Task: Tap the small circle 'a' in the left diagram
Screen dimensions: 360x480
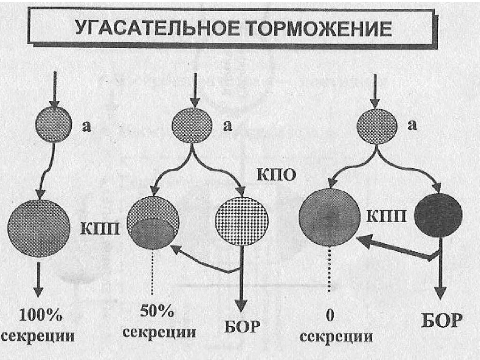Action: (54, 125)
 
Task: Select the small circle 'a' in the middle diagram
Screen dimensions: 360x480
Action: (191, 125)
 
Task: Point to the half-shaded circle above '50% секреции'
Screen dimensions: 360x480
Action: (153, 223)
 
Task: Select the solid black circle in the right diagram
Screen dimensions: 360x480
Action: (438, 215)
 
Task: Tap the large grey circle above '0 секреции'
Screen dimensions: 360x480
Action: (329, 217)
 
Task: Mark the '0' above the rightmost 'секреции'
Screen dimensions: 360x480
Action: (330, 317)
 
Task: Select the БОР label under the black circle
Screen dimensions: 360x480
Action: (441, 322)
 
